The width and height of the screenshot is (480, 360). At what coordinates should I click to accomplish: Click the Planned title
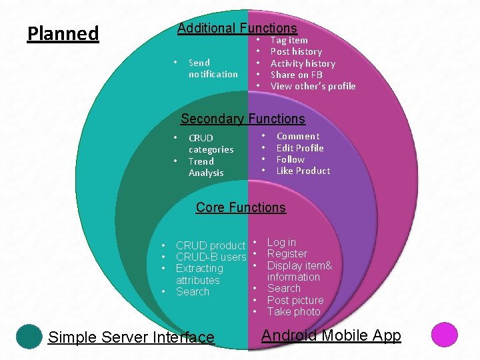(63, 33)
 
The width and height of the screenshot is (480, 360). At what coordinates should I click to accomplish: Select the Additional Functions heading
(237, 28)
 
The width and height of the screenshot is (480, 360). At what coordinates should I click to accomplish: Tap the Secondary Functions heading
(243, 119)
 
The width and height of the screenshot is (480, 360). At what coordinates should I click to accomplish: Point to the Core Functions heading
(241, 207)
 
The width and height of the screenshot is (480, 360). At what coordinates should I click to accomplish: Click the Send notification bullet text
(213, 68)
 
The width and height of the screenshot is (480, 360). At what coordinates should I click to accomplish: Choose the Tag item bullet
(289, 40)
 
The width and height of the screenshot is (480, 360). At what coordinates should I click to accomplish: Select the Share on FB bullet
(296, 75)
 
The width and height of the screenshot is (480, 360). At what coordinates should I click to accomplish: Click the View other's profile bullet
(313, 86)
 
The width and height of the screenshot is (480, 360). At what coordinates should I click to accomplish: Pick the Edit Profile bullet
(299, 148)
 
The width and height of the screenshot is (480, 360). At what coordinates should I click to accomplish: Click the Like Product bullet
(303, 171)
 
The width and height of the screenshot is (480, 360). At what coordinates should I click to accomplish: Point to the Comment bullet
(298, 136)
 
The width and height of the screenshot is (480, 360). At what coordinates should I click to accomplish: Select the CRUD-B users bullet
(211, 257)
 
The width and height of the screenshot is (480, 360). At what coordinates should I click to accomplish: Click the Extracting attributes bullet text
(199, 274)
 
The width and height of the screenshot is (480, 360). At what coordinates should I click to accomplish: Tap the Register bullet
(287, 253)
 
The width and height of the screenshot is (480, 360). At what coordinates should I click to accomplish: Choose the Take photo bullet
(293, 311)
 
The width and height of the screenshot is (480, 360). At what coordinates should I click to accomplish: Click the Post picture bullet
(295, 300)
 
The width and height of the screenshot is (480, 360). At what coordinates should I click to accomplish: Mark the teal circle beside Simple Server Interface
(29, 336)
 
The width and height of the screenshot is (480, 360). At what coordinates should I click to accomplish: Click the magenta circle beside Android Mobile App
(444, 335)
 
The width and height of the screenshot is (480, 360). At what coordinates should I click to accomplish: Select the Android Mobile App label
(331, 335)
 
